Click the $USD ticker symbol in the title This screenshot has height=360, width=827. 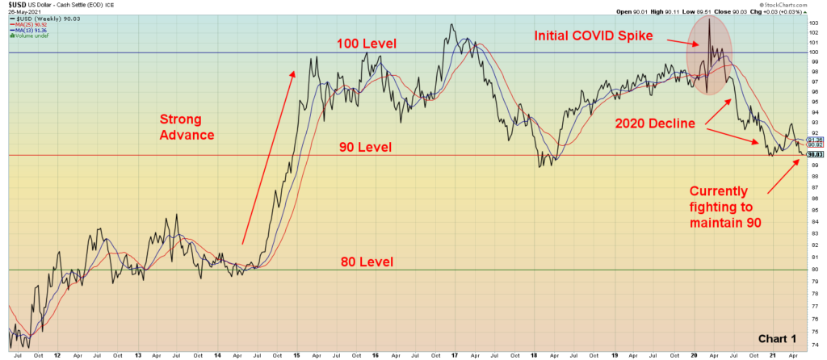pyautogui.click(x=17, y=5)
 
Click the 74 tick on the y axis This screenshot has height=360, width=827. pyautogui.click(x=813, y=343)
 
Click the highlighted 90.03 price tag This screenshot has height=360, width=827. pyautogui.click(x=814, y=154)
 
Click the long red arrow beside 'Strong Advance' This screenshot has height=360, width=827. pyautogui.click(x=268, y=157)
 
